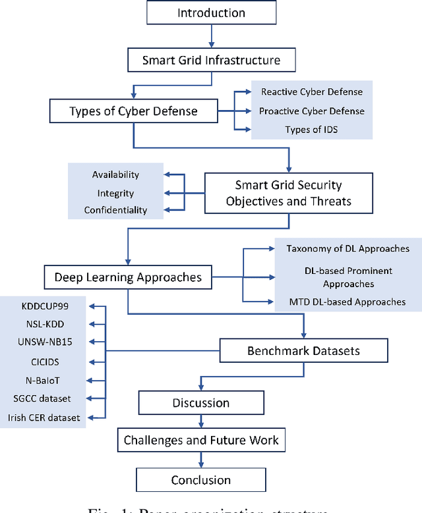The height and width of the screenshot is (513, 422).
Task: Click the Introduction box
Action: tap(211, 13)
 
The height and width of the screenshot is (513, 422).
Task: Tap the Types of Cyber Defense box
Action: tap(133, 111)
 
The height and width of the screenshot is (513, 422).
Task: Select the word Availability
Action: tap(115, 175)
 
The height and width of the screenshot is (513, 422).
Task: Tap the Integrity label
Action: tap(115, 193)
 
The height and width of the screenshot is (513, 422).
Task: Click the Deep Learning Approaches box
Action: tap(128, 277)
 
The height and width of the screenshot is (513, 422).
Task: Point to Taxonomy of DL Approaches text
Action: tap(347, 248)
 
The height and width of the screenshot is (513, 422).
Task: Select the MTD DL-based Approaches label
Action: tap(348, 302)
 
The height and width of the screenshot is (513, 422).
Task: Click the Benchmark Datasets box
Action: tap(303, 351)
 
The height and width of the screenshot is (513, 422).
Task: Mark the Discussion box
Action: tap(200, 402)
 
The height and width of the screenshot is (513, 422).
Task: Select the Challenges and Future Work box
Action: tap(201, 440)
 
